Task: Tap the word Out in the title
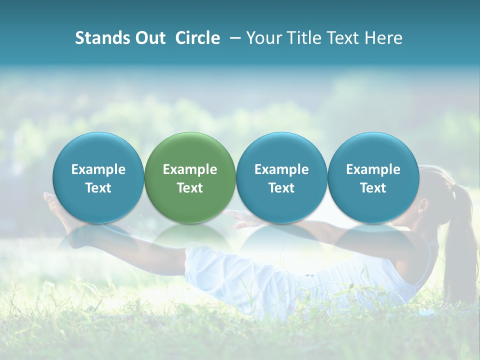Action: (149, 38)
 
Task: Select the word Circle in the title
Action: (197, 38)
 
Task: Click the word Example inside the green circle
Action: (190, 169)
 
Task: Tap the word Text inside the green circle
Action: (190, 188)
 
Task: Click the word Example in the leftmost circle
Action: (98, 169)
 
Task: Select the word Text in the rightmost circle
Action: (373, 188)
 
